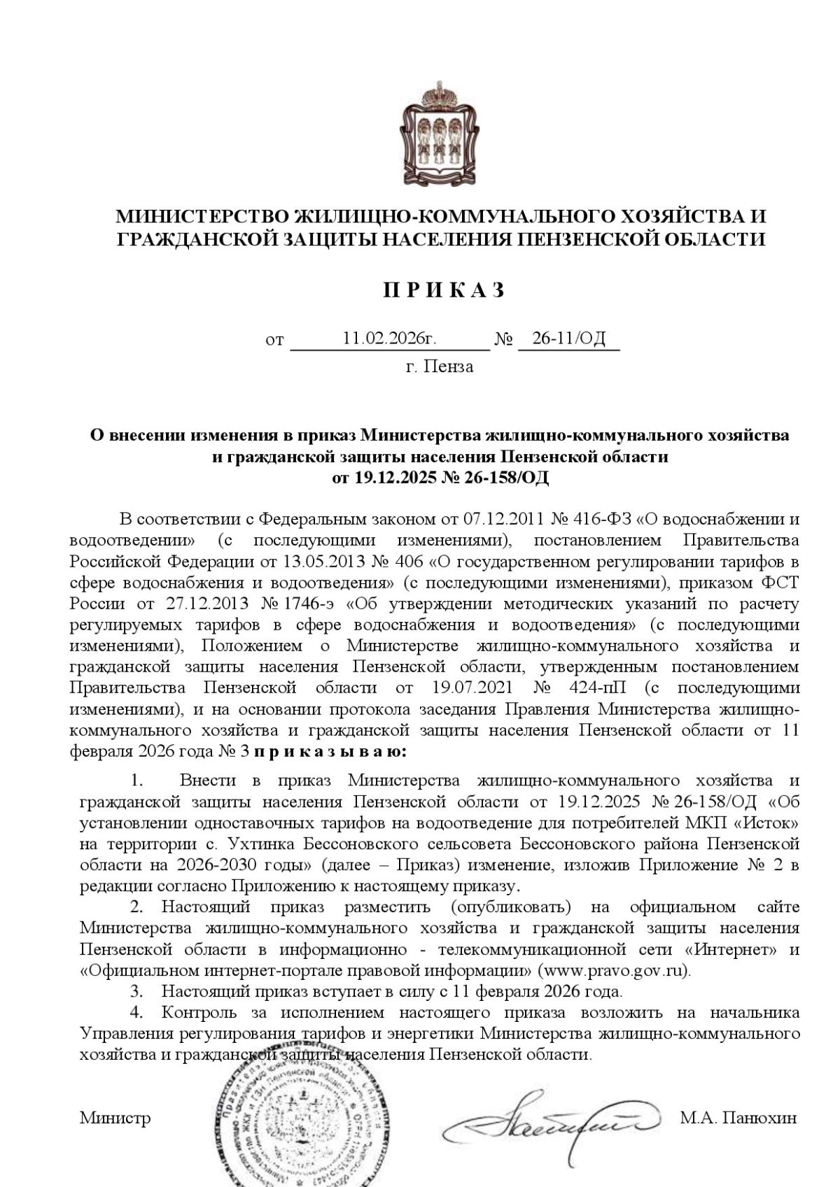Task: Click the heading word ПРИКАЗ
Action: coord(443,291)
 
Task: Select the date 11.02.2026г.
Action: coord(389,339)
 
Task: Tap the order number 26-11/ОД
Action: coord(568,339)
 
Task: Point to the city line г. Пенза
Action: coord(440,367)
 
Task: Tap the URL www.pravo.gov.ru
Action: coord(612,971)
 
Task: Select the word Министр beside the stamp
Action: coord(115,1118)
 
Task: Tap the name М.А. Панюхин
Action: coord(738,1118)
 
